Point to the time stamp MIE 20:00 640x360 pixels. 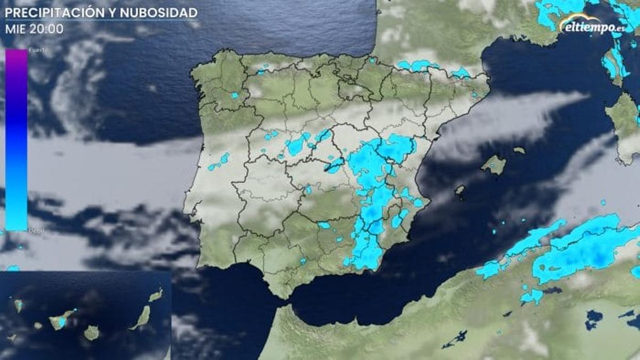(x=34, y=29)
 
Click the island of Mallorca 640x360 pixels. (x=494, y=165)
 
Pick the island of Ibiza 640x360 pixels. (x=459, y=189)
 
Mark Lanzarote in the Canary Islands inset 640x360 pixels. (x=156, y=295)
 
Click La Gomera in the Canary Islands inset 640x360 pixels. (x=38, y=325)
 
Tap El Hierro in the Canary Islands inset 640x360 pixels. (x=13, y=338)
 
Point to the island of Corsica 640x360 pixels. (x=613, y=61)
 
